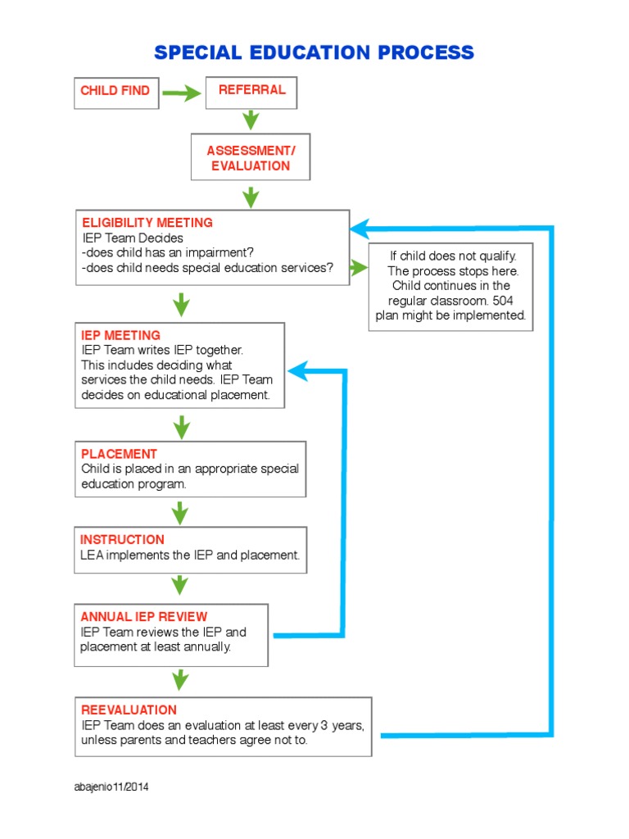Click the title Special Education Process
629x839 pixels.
[314, 53]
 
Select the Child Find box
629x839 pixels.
[115, 91]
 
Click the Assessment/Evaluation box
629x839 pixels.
[251, 158]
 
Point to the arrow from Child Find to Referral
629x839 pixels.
[182, 93]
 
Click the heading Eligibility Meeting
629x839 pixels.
[147, 222]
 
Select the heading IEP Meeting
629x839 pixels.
[120, 335]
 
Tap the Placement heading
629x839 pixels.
[119, 454]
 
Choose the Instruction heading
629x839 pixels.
[122, 539]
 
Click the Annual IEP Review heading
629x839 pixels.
[144, 616]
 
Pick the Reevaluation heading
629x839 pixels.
[129, 710]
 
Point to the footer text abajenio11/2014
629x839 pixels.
[112, 787]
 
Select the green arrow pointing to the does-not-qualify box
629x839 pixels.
[359, 267]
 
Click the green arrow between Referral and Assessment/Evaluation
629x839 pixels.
[251, 120]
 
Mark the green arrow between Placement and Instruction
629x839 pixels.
[180, 512]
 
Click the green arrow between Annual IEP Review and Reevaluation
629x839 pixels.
[180, 679]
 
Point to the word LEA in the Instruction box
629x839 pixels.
[92, 556]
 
